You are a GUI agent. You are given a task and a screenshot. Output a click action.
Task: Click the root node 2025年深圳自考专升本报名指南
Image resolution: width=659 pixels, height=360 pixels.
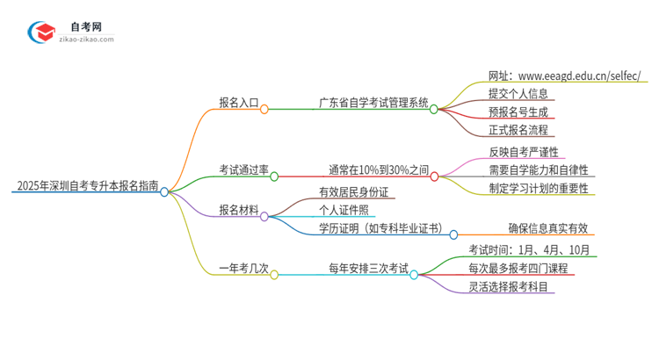[85, 186]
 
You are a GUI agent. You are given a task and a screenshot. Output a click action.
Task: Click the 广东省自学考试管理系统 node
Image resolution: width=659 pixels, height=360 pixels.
[373, 103]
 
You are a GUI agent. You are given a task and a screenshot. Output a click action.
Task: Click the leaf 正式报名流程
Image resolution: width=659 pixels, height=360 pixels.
[518, 130]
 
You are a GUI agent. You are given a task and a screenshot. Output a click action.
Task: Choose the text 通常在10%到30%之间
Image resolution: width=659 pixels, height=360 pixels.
[379, 169]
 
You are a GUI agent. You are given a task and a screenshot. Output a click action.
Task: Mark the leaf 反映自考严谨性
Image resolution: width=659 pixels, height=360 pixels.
[524, 151]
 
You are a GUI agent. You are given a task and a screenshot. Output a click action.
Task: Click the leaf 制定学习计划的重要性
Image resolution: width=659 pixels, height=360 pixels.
[539, 187]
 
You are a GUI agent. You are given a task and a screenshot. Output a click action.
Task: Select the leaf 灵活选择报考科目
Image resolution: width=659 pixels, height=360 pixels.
[511, 286]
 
